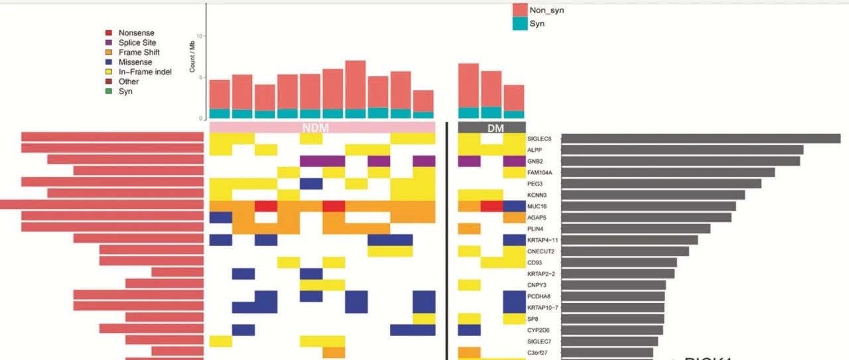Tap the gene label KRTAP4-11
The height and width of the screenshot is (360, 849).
click(543, 240)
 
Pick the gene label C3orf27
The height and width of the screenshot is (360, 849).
click(539, 352)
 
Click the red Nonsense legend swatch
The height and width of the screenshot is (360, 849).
click(108, 32)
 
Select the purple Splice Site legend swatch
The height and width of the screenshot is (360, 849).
click(108, 42)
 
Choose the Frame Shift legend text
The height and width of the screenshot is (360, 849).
click(139, 52)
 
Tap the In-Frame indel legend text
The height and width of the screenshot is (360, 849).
click(145, 72)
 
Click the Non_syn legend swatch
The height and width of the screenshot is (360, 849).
click(520, 10)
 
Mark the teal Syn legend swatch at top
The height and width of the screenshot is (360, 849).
click(520, 24)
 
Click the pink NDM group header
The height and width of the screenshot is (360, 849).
click(322, 127)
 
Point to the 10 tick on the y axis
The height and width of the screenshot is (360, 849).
click(200, 36)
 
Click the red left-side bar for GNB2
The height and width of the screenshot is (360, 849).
click(125, 160)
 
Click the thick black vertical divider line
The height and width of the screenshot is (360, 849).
click(446, 239)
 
